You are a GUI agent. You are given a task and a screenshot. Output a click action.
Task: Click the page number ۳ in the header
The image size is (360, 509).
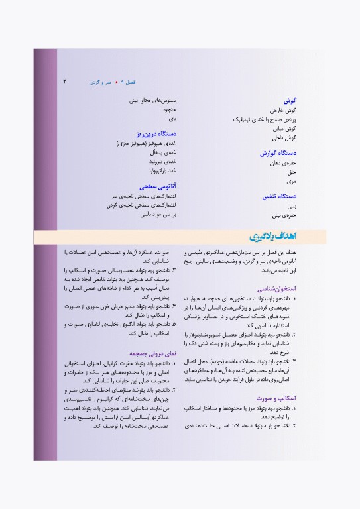65,82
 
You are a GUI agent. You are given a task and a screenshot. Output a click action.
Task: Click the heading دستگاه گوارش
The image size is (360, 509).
277,153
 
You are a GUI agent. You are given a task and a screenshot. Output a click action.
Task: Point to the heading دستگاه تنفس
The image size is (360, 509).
278,196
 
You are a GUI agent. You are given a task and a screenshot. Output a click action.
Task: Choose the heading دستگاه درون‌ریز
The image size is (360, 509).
155,133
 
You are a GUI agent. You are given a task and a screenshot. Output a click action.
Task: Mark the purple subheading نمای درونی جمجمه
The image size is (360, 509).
152,354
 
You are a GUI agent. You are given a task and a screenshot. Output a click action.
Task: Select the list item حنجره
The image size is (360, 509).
168,109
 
